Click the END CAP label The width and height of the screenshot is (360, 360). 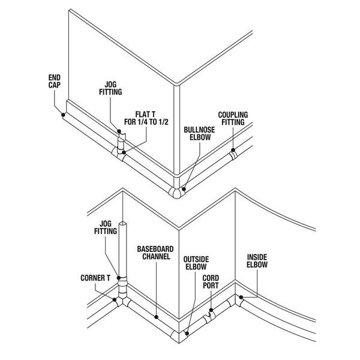(x=55, y=81)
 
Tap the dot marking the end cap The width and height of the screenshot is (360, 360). (x=63, y=115)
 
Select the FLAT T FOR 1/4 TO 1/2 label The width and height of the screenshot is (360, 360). (x=146, y=118)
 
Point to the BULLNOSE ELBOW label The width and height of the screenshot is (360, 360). (x=199, y=133)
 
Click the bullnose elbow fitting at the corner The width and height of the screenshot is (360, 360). (x=176, y=193)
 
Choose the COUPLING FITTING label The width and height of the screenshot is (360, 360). (x=233, y=118)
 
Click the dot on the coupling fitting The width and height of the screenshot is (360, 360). (x=233, y=150)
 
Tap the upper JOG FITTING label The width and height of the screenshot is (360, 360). (x=110, y=88)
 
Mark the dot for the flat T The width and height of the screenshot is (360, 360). (x=124, y=152)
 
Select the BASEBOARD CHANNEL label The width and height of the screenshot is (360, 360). (x=155, y=253)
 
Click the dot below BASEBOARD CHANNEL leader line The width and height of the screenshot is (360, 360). (x=157, y=317)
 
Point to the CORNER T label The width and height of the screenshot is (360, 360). (x=95, y=278)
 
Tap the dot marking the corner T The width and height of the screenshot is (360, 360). (x=115, y=299)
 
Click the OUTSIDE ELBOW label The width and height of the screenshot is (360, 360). (x=196, y=263)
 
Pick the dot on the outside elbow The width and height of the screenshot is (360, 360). (x=187, y=333)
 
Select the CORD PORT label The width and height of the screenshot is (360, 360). (x=211, y=282)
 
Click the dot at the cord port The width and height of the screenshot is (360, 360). (x=211, y=310)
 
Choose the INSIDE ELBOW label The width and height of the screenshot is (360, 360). (x=257, y=261)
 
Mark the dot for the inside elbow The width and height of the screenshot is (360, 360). (x=241, y=298)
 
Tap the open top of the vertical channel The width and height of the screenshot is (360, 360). (x=122, y=223)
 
